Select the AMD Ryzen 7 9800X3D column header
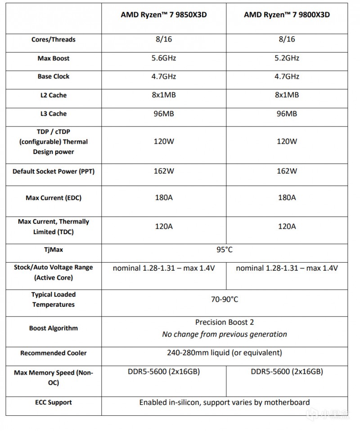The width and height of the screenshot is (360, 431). (287, 14)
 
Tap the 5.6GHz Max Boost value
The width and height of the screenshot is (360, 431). (164, 58)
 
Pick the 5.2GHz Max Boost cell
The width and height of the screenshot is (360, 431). (287, 58)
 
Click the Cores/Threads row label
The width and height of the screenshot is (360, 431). (53, 40)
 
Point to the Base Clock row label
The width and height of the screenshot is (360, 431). (53, 77)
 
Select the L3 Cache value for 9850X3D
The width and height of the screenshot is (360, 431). (164, 114)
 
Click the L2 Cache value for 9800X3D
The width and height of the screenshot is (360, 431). (287, 95)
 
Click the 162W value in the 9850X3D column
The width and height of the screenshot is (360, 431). (164, 171)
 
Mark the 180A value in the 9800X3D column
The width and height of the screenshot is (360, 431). (287, 198)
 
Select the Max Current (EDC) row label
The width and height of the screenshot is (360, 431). (53, 198)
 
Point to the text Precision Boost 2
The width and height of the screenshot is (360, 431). (224, 322)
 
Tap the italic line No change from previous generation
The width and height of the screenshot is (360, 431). (224, 334)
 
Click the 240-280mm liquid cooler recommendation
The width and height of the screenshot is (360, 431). (224, 353)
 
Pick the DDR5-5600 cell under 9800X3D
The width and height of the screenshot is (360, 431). (287, 372)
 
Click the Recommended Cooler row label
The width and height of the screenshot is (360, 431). (53, 353)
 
